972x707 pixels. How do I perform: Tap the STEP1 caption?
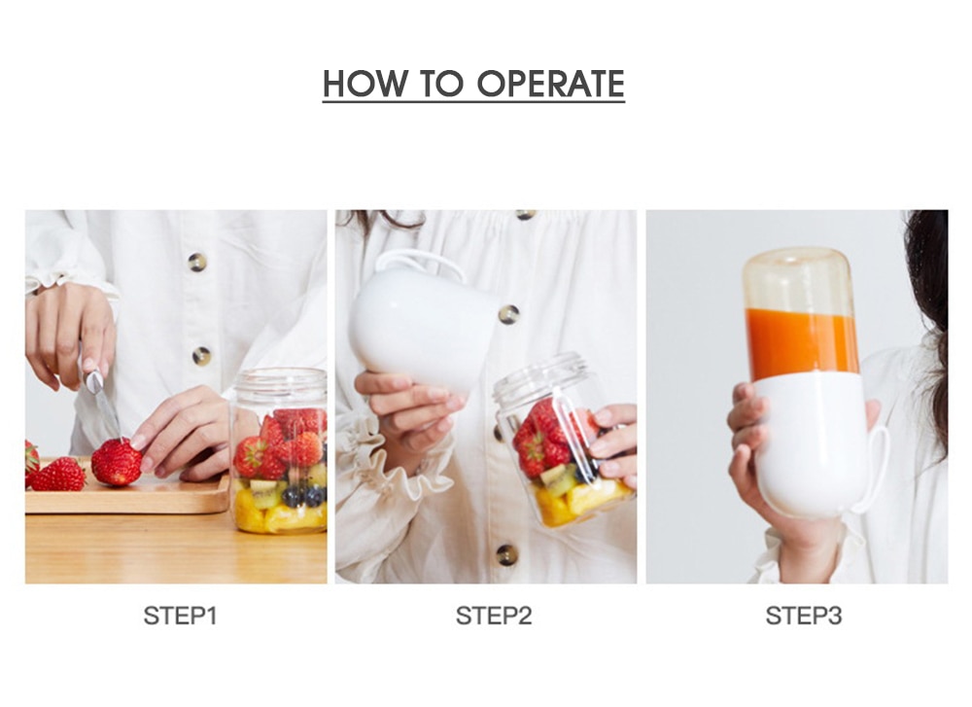click(180, 616)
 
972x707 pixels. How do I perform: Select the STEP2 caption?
click(494, 616)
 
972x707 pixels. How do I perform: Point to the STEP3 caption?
click(804, 616)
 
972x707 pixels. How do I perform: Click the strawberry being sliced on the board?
click(117, 462)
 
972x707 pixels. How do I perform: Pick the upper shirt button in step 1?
click(197, 262)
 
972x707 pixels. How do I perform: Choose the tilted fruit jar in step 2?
click(559, 442)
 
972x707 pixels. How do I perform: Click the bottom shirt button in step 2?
click(506, 554)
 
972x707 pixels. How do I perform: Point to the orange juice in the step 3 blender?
click(801, 343)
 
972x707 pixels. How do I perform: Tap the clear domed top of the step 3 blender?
click(800, 276)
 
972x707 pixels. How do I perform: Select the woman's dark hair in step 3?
click(931, 292)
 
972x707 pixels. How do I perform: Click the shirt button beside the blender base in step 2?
click(508, 314)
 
